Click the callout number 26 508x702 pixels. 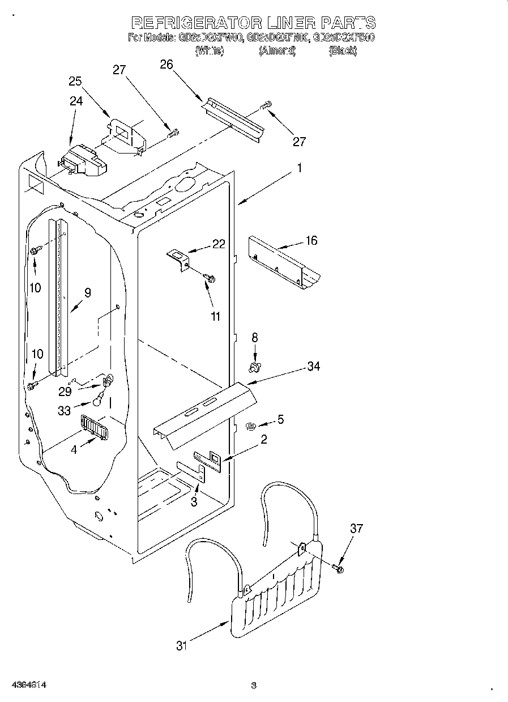(166, 64)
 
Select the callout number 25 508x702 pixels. (76, 81)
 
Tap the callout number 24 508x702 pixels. (76, 101)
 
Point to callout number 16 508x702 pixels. (311, 241)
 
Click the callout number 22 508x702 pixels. (219, 244)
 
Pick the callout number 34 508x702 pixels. (313, 367)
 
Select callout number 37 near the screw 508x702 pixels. (356, 529)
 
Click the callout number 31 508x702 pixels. (181, 645)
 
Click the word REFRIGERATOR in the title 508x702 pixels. (196, 23)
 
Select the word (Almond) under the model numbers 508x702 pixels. (278, 51)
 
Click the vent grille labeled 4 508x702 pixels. (92, 426)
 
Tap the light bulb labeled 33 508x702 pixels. (99, 401)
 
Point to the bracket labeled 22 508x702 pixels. (178, 261)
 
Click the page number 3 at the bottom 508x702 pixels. (254, 686)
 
